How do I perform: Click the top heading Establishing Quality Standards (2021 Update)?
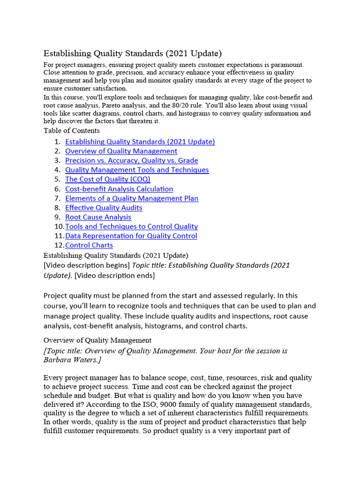click(x=133, y=53)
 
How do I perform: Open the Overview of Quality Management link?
click(x=121, y=151)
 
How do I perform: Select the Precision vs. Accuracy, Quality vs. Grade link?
click(x=131, y=160)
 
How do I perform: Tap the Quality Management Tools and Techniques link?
click(x=137, y=170)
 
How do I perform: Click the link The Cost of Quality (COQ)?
click(x=107, y=179)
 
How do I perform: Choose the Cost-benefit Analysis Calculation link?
click(x=119, y=189)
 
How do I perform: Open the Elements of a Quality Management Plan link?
click(x=132, y=198)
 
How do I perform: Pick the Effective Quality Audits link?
click(x=104, y=208)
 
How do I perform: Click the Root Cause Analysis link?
click(x=98, y=217)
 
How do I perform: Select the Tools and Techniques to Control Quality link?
click(x=131, y=226)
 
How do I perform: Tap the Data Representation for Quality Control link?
click(x=131, y=236)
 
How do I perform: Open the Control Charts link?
click(x=89, y=245)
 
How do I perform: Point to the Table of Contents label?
click(x=71, y=131)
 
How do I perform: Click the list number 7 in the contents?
click(x=57, y=198)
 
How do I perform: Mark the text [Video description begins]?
click(x=87, y=265)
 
